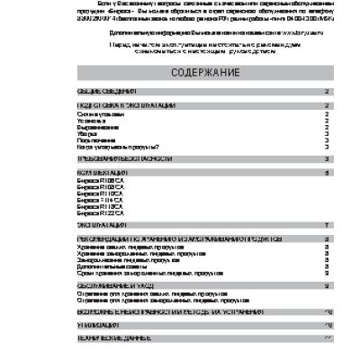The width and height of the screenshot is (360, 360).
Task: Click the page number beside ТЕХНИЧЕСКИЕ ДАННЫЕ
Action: click(x=328, y=336)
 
